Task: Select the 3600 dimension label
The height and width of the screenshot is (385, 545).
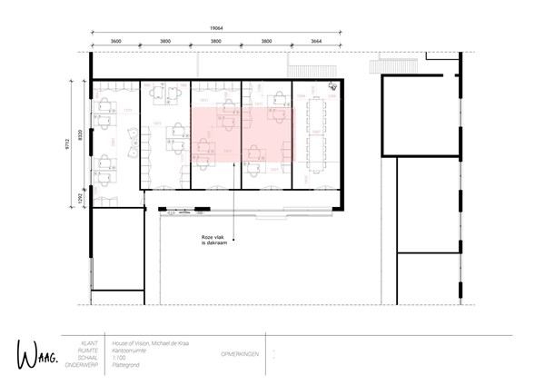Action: pyautogui.click(x=115, y=42)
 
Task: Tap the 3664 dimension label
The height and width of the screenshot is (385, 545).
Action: pyautogui.click(x=318, y=42)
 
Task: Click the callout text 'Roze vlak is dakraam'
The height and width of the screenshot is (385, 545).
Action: pyautogui.click(x=213, y=241)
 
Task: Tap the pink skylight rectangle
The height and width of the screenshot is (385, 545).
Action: pyautogui.click(x=243, y=134)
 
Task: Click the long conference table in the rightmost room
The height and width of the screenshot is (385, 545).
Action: pyautogui.click(x=317, y=133)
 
